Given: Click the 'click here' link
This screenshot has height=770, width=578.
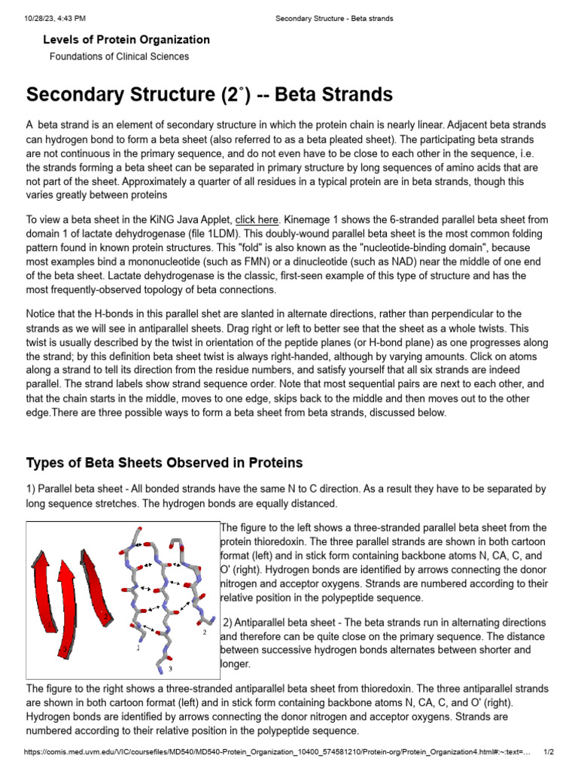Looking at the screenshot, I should [x=257, y=220].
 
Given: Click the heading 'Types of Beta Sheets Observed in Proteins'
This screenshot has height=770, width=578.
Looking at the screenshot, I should [x=164, y=462].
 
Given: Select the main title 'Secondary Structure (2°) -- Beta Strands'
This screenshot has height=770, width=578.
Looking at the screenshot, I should [x=209, y=95].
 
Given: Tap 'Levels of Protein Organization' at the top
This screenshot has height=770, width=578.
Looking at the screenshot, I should [x=126, y=39].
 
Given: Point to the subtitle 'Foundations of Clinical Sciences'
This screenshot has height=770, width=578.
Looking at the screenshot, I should [x=119, y=56].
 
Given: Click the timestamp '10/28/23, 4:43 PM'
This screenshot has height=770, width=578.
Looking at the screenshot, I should [x=50, y=17].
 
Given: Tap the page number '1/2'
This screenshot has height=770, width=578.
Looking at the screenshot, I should [x=549, y=752].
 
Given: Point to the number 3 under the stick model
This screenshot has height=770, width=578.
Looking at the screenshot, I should [x=170, y=668].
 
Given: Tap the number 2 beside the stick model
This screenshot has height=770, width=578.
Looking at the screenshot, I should [x=204, y=632].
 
